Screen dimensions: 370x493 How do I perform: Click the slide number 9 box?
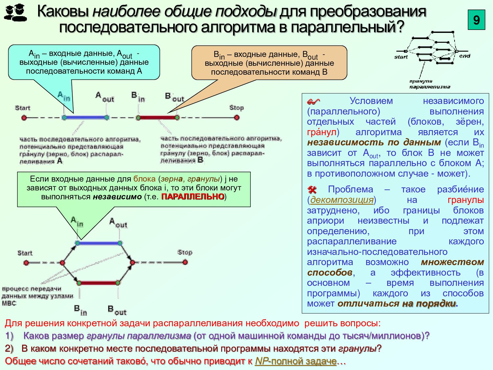[x=476, y=20]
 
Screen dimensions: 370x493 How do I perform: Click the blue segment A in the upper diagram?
[x=85, y=117]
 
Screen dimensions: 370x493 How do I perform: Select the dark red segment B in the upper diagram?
[x=157, y=117]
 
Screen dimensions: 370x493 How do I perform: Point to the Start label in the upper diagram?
[x=23, y=108]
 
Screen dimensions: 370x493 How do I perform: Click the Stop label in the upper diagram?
[x=236, y=108]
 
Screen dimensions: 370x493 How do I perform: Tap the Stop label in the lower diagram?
[x=185, y=252]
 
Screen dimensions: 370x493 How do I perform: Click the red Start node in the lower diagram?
[x=26, y=263]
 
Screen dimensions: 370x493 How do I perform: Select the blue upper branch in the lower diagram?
[x=99, y=243]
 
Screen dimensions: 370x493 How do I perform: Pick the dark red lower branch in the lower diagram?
[x=99, y=283]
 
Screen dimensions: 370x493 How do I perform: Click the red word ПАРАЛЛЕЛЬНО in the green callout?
[x=193, y=197]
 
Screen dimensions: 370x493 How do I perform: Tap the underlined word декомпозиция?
[x=342, y=200]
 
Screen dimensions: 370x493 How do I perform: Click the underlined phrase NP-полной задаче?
[x=295, y=361]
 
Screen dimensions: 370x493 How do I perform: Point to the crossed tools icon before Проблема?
[x=312, y=190]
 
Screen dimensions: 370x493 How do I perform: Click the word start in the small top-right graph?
[x=401, y=57]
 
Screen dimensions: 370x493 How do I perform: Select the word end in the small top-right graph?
[x=464, y=56]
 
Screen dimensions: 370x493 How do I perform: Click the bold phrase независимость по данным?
[x=374, y=142]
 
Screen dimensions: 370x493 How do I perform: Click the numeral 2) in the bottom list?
[x=9, y=349]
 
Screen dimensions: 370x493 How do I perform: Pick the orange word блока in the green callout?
[x=144, y=179]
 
